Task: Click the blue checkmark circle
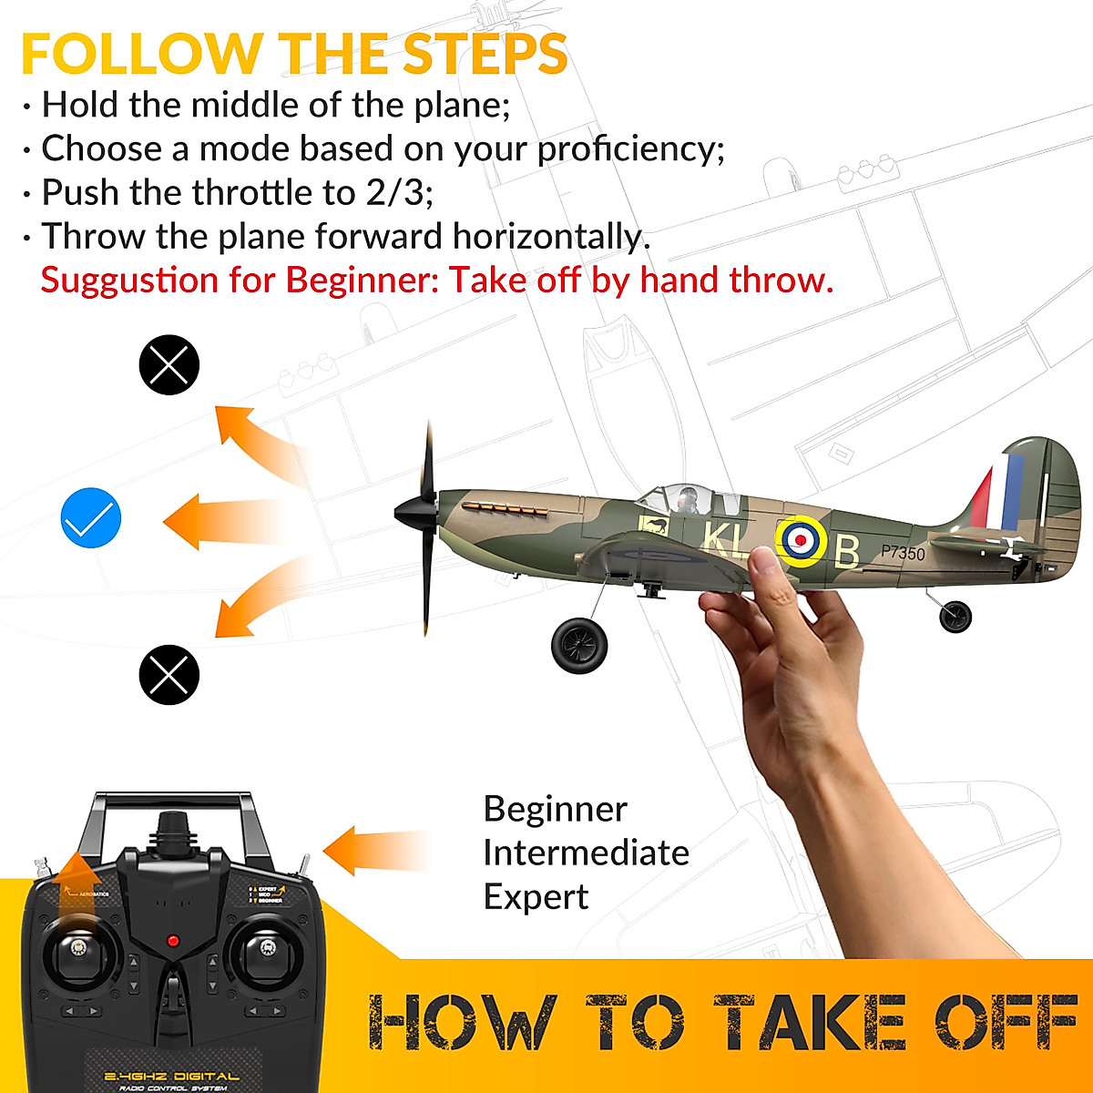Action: click(91, 518)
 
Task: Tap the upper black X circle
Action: click(169, 365)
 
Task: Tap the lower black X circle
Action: click(169, 674)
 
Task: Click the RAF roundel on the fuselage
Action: click(801, 540)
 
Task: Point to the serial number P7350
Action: click(903, 553)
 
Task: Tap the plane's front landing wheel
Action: click(579, 645)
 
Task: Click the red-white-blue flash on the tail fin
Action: click(998, 493)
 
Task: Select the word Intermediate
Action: click(586, 853)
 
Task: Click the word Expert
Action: click(536, 897)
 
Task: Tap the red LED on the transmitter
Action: click(172, 940)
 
